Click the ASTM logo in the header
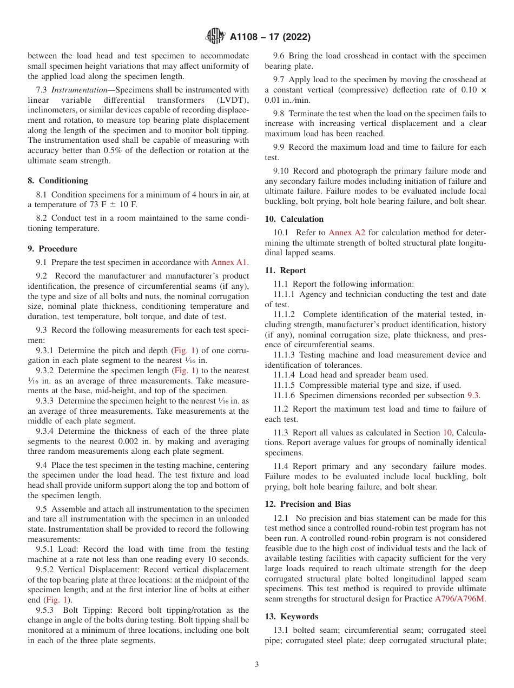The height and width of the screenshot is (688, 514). [216, 37]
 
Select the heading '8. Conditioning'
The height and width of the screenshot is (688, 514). [58, 181]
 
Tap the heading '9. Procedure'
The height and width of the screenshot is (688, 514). [52, 249]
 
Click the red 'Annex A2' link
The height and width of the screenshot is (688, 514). [347, 233]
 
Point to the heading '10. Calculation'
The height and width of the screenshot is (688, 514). [294, 219]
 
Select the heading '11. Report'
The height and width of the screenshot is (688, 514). [286, 270]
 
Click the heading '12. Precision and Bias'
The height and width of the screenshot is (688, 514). [308, 504]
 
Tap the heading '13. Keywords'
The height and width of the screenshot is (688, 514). [292, 617]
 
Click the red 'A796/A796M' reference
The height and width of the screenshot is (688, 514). [460, 599]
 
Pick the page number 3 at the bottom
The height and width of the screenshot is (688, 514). [257, 665]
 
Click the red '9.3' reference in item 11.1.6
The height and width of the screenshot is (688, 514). [473, 395]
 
